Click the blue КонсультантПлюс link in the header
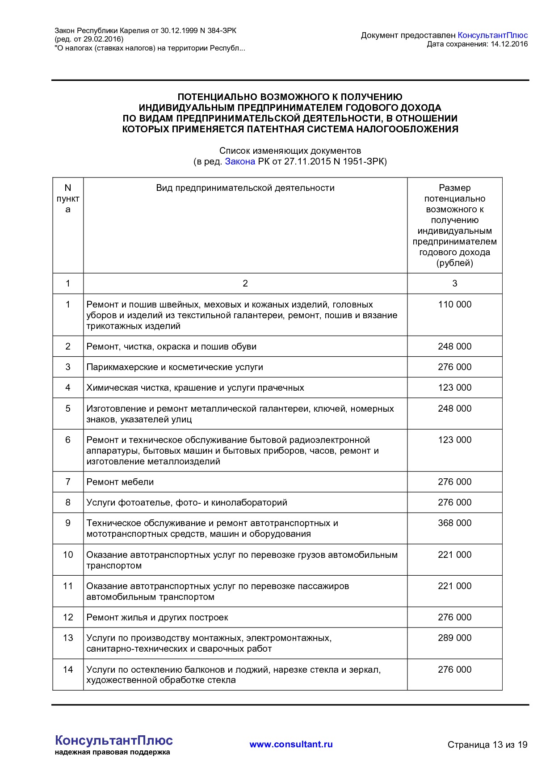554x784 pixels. pyautogui.click(x=492, y=35)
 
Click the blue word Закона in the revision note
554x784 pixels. pyautogui.click(x=240, y=161)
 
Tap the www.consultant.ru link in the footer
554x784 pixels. pyautogui.click(x=291, y=744)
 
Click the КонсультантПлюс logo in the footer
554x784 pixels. pyautogui.click(x=113, y=741)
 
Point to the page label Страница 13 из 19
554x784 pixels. pyautogui.click(x=487, y=745)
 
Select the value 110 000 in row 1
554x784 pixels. pyautogui.click(x=454, y=304)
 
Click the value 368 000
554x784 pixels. pyautogui.click(x=454, y=523)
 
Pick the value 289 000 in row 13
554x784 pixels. pyautogui.click(x=454, y=638)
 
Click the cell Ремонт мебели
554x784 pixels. pyautogui.click(x=120, y=482)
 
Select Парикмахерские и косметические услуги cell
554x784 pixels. pyautogui.click(x=175, y=367)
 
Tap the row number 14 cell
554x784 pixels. pyautogui.click(x=68, y=670)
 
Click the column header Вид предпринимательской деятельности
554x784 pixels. pyautogui.click(x=245, y=188)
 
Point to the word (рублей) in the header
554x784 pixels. pyautogui.click(x=454, y=263)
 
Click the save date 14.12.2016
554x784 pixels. pyautogui.click(x=509, y=44)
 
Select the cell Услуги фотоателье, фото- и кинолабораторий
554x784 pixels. pyautogui.click(x=187, y=502)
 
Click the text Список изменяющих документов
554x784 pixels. pyautogui.click(x=290, y=151)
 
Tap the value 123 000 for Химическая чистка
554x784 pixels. pyautogui.click(x=454, y=388)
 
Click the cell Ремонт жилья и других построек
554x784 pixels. pyautogui.click(x=157, y=617)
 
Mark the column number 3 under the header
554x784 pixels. pyautogui.click(x=454, y=283)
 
